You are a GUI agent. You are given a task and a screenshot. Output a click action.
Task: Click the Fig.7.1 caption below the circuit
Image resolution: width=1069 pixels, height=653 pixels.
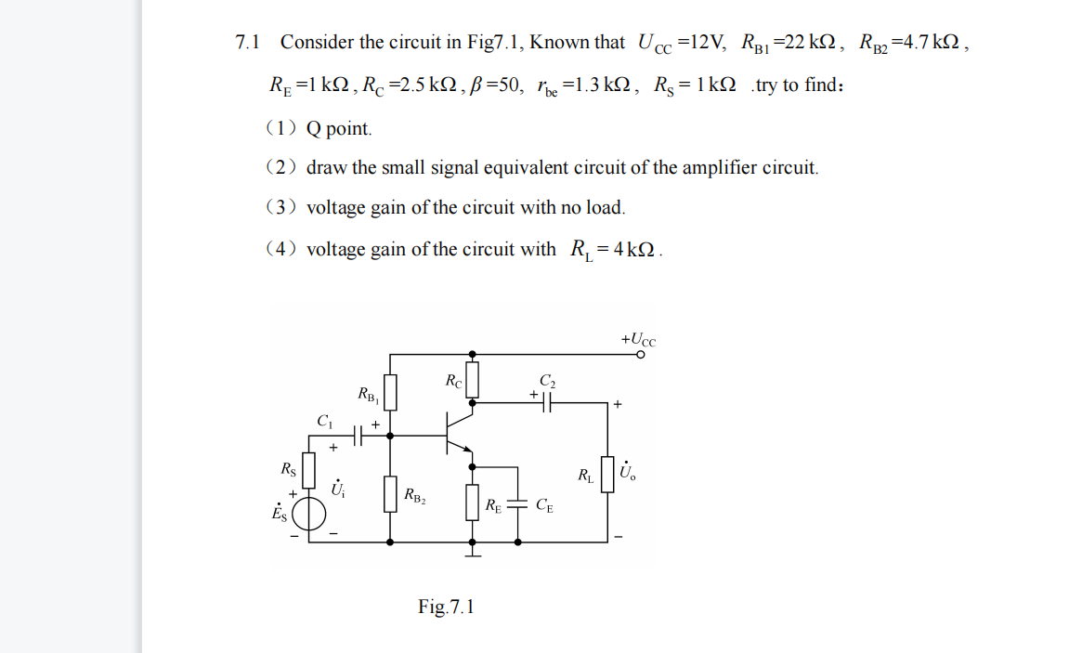[x=446, y=607]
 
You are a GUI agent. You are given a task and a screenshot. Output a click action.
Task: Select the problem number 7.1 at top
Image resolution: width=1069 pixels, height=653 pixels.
[x=248, y=43]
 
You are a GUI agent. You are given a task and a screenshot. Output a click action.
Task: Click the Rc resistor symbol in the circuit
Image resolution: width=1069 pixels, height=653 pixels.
[x=473, y=380]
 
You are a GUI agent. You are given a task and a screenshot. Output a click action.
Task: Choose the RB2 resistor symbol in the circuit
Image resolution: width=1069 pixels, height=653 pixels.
[x=390, y=493]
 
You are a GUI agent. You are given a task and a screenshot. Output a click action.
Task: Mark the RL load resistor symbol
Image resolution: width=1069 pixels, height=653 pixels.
[x=608, y=475]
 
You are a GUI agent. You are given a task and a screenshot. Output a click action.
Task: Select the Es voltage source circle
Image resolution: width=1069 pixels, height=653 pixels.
[x=309, y=514]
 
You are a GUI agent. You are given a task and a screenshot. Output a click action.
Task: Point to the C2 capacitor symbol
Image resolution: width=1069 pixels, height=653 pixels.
[x=546, y=403]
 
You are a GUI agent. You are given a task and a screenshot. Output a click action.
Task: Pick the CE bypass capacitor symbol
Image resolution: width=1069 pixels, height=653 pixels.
[x=522, y=505]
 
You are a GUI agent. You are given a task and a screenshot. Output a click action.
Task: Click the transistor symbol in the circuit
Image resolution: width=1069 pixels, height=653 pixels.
[x=458, y=434]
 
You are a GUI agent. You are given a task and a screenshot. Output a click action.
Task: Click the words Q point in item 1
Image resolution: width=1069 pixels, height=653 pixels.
[x=339, y=129]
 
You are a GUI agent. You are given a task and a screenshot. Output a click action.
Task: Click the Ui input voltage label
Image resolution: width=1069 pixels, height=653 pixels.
[x=338, y=486]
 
